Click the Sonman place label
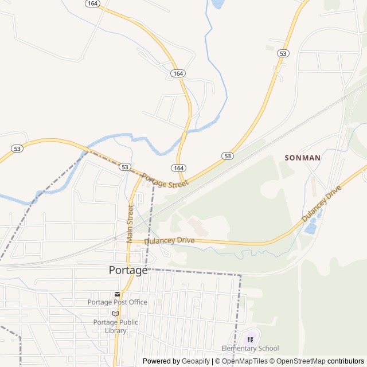[302, 157]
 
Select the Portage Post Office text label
[117, 302]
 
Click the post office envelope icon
[117, 294]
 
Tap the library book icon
[116, 313]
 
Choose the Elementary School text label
[250, 348]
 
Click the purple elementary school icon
[250, 339]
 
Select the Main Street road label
[130, 224]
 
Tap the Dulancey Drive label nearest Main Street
[169, 241]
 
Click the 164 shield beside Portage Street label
[178, 167]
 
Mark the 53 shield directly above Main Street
[125, 167]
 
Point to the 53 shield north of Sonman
[283, 53]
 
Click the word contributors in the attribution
[346, 361]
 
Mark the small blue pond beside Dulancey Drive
[310, 228]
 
